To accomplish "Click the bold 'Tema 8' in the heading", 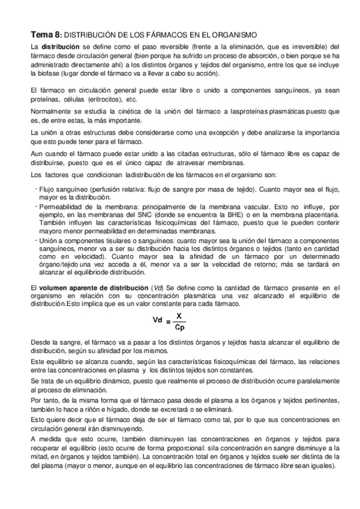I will (x=46, y=35).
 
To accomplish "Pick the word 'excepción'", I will (x=203, y=132).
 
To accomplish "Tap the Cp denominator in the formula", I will (x=179, y=327).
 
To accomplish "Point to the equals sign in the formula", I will (x=168, y=322).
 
